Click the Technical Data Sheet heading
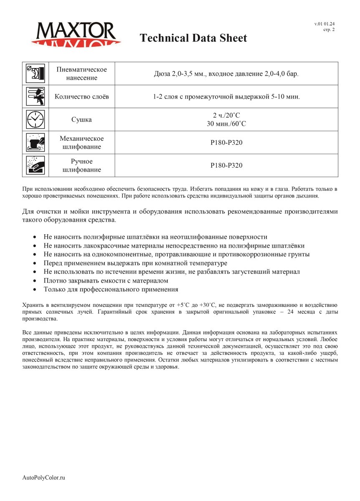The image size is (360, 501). pyautogui.click(x=193, y=38)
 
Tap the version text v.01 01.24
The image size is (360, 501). pyautogui.click(x=325, y=24)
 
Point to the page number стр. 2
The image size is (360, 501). pyautogui.click(x=329, y=30)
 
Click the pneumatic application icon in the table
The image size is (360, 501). pyautogui.click(x=35, y=73)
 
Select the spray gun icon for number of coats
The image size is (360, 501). pyautogui.click(x=35, y=96)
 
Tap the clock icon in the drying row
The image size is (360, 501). pyautogui.click(x=35, y=119)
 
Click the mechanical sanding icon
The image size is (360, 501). pyautogui.click(x=35, y=142)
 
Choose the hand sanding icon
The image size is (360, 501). pyautogui.click(x=35, y=165)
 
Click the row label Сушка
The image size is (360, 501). pyautogui.click(x=81, y=120)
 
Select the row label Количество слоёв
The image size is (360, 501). pyautogui.click(x=81, y=96)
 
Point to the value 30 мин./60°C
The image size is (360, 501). pyautogui.click(x=226, y=124)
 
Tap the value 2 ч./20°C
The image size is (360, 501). pyautogui.click(x=226, y=116)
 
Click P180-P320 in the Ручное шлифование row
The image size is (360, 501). pyautogui.click(x=226, y=165)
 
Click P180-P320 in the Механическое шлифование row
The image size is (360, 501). pyautogui.click(x=226, y=142)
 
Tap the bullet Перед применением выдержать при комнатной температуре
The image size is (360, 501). pyautogui.click(x=135, y=263)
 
